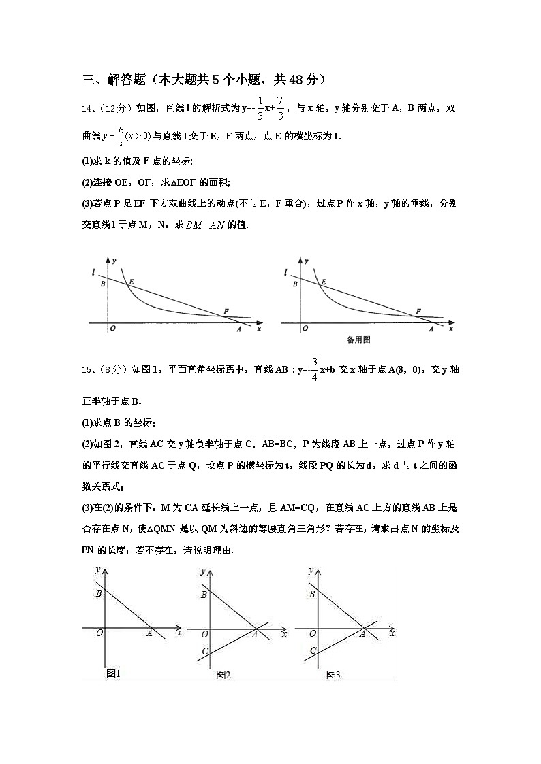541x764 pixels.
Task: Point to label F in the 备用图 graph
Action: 418,312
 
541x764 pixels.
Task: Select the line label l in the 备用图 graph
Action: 285,273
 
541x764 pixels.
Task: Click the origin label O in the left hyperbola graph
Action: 112,328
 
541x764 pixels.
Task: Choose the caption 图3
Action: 333,675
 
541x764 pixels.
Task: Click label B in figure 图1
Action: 99,593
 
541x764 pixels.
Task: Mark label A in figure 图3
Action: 362,633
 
